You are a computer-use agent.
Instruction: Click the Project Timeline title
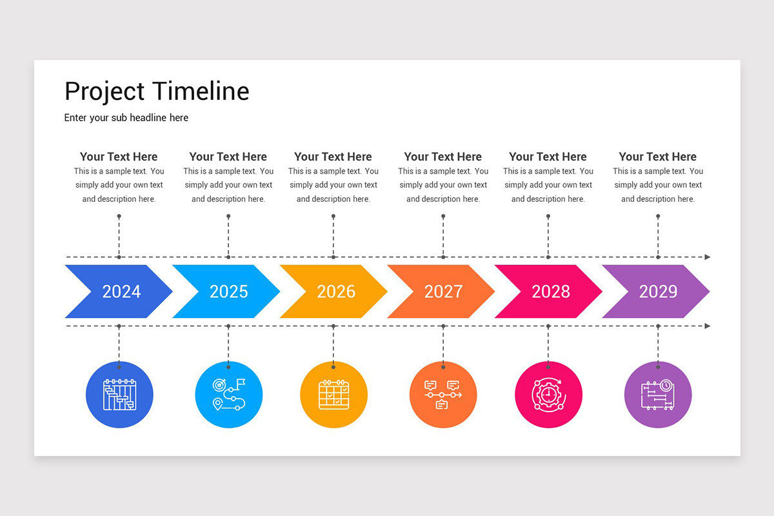pyautogui.click(x=157, y=92)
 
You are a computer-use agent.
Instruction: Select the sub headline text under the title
pyautogui.click(x=126, y=118)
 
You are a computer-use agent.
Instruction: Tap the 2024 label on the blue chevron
pyautogui.click(x=121, y=292)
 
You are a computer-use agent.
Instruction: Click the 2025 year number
pyautogui.click(x=229, y=292)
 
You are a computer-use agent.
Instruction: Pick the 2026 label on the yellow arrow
pyautogui.click(x=336, y=292)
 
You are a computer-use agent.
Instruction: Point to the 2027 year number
pyautogui.click(x=444, y=292)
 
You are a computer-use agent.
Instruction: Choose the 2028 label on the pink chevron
pyautogui.click(x=551, y=292)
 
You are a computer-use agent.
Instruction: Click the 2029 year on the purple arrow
pyautogui.click(x=659, y=292)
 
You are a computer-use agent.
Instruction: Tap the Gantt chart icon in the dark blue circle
pyautogui.click(x=119, y=395)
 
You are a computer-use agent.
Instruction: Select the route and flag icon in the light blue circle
pyautogui.click(x=229, y=395)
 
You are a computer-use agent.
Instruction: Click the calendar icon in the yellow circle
pyautogui.click(x=334, y=395)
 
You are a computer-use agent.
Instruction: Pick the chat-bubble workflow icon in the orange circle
pyautogui.click(x=443, y=395)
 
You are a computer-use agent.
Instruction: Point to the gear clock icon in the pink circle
pyautogui.click(x=549, y=395)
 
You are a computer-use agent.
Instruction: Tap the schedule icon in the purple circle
pyautogui.click(x=658, y=395)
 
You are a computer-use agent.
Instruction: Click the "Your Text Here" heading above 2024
pyautogui.click(x=119, y=157)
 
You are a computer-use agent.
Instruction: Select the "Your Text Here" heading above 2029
pyautogui.click(x=657, y=157)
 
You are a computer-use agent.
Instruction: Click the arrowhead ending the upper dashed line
pyautogui.click(x=708, y=257)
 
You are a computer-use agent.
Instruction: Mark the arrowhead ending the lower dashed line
pyautogui.click(x=708, y=326)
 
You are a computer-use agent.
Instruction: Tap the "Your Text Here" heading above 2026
pyautogui.click(x=333, y=157)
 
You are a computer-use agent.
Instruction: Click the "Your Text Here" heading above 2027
pyautogui.click(x=443, y=157)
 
